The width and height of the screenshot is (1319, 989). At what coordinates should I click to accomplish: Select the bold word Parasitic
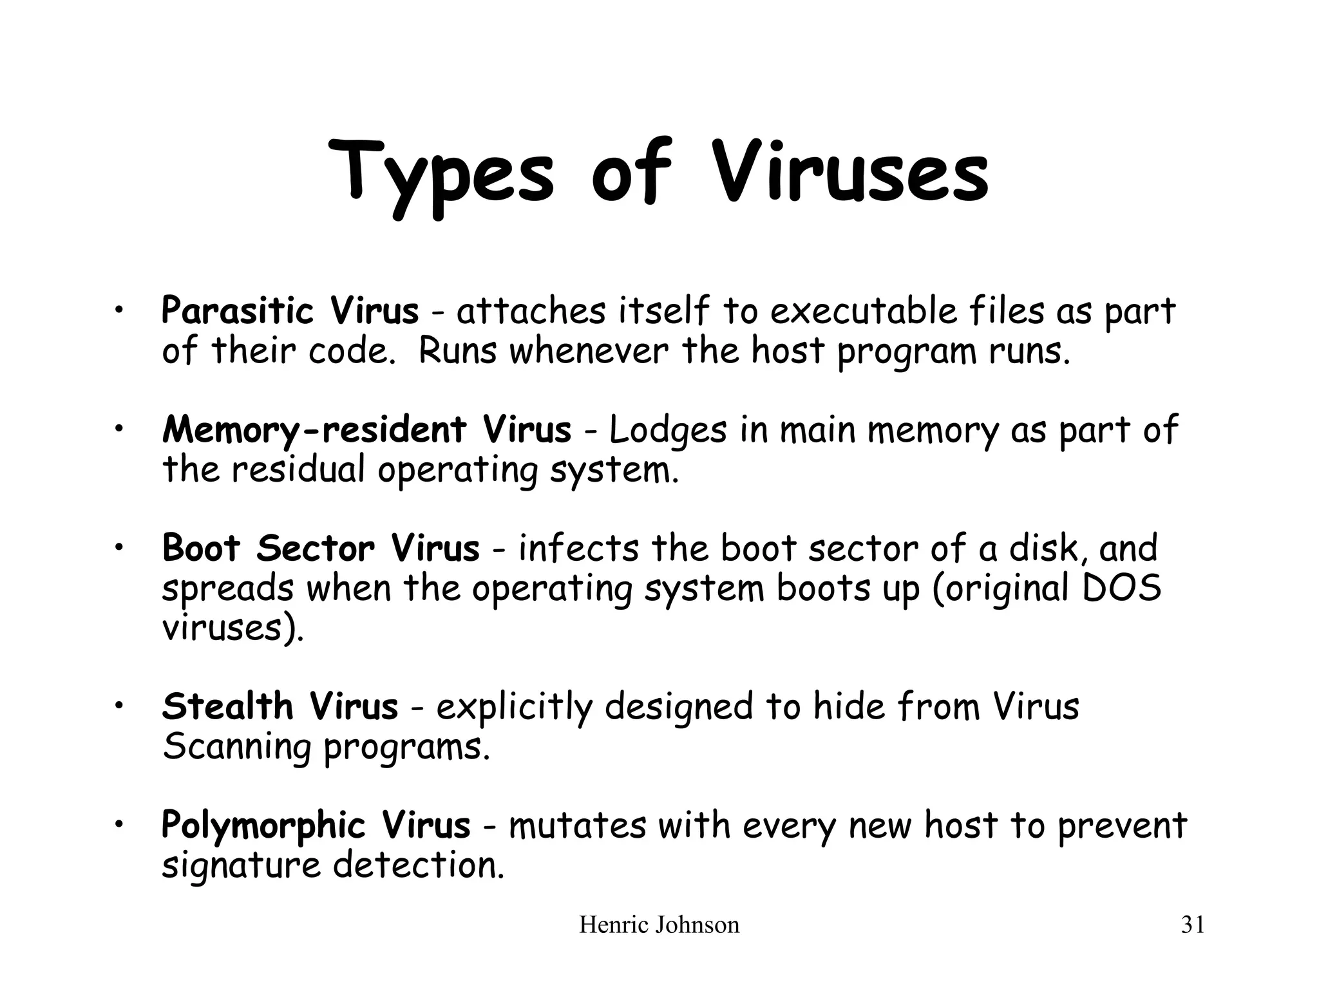pyautogui.click(x=237, y=311)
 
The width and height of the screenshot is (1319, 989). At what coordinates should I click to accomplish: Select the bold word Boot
pyautogui.click(x=201, y=549)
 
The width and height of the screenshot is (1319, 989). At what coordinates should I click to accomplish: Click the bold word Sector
pyautogui.click(x=315, y=549)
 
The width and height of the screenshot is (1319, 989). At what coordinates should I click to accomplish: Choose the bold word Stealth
pyautogui.click(x=227, y=706)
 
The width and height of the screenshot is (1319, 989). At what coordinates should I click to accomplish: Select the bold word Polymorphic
pyautogui.click(x=263, y=826)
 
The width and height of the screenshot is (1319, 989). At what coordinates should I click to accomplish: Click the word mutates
pyautogui.click(x=577, y=826)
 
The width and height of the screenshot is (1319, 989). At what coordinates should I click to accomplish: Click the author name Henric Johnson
pyautogui.click(x=659, y=925)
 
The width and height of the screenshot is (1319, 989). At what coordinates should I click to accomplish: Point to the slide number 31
pyautogui.click(x=1192, y=925)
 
